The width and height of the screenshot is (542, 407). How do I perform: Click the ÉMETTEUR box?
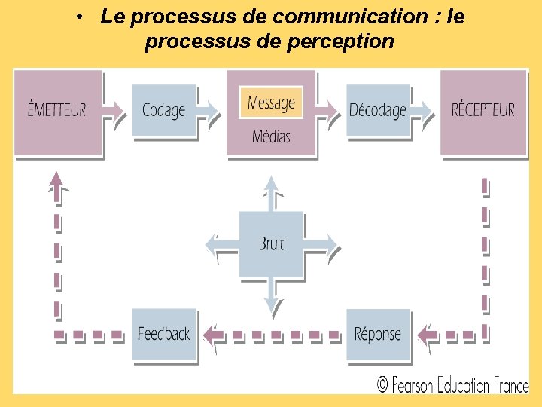pos(57,110)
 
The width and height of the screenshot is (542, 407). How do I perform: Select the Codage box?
pos(163,110)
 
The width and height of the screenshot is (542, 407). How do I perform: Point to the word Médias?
pos(271,136)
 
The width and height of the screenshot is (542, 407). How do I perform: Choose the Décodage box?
pos(378,110)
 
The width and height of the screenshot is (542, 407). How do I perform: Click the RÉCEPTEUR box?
pos(483,110)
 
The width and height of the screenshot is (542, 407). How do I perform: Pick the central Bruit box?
pos(271,243)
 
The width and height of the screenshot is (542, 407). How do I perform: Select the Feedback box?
pos(163,334)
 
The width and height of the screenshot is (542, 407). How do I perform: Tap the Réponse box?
pos(378,334)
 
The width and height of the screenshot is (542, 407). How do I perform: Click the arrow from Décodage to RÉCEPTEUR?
pos(425,110)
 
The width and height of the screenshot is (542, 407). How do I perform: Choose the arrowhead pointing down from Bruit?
pos(271,303)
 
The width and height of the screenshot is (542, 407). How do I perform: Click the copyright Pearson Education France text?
pos(452,385)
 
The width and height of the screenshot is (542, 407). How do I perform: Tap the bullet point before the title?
pos(78,17)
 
